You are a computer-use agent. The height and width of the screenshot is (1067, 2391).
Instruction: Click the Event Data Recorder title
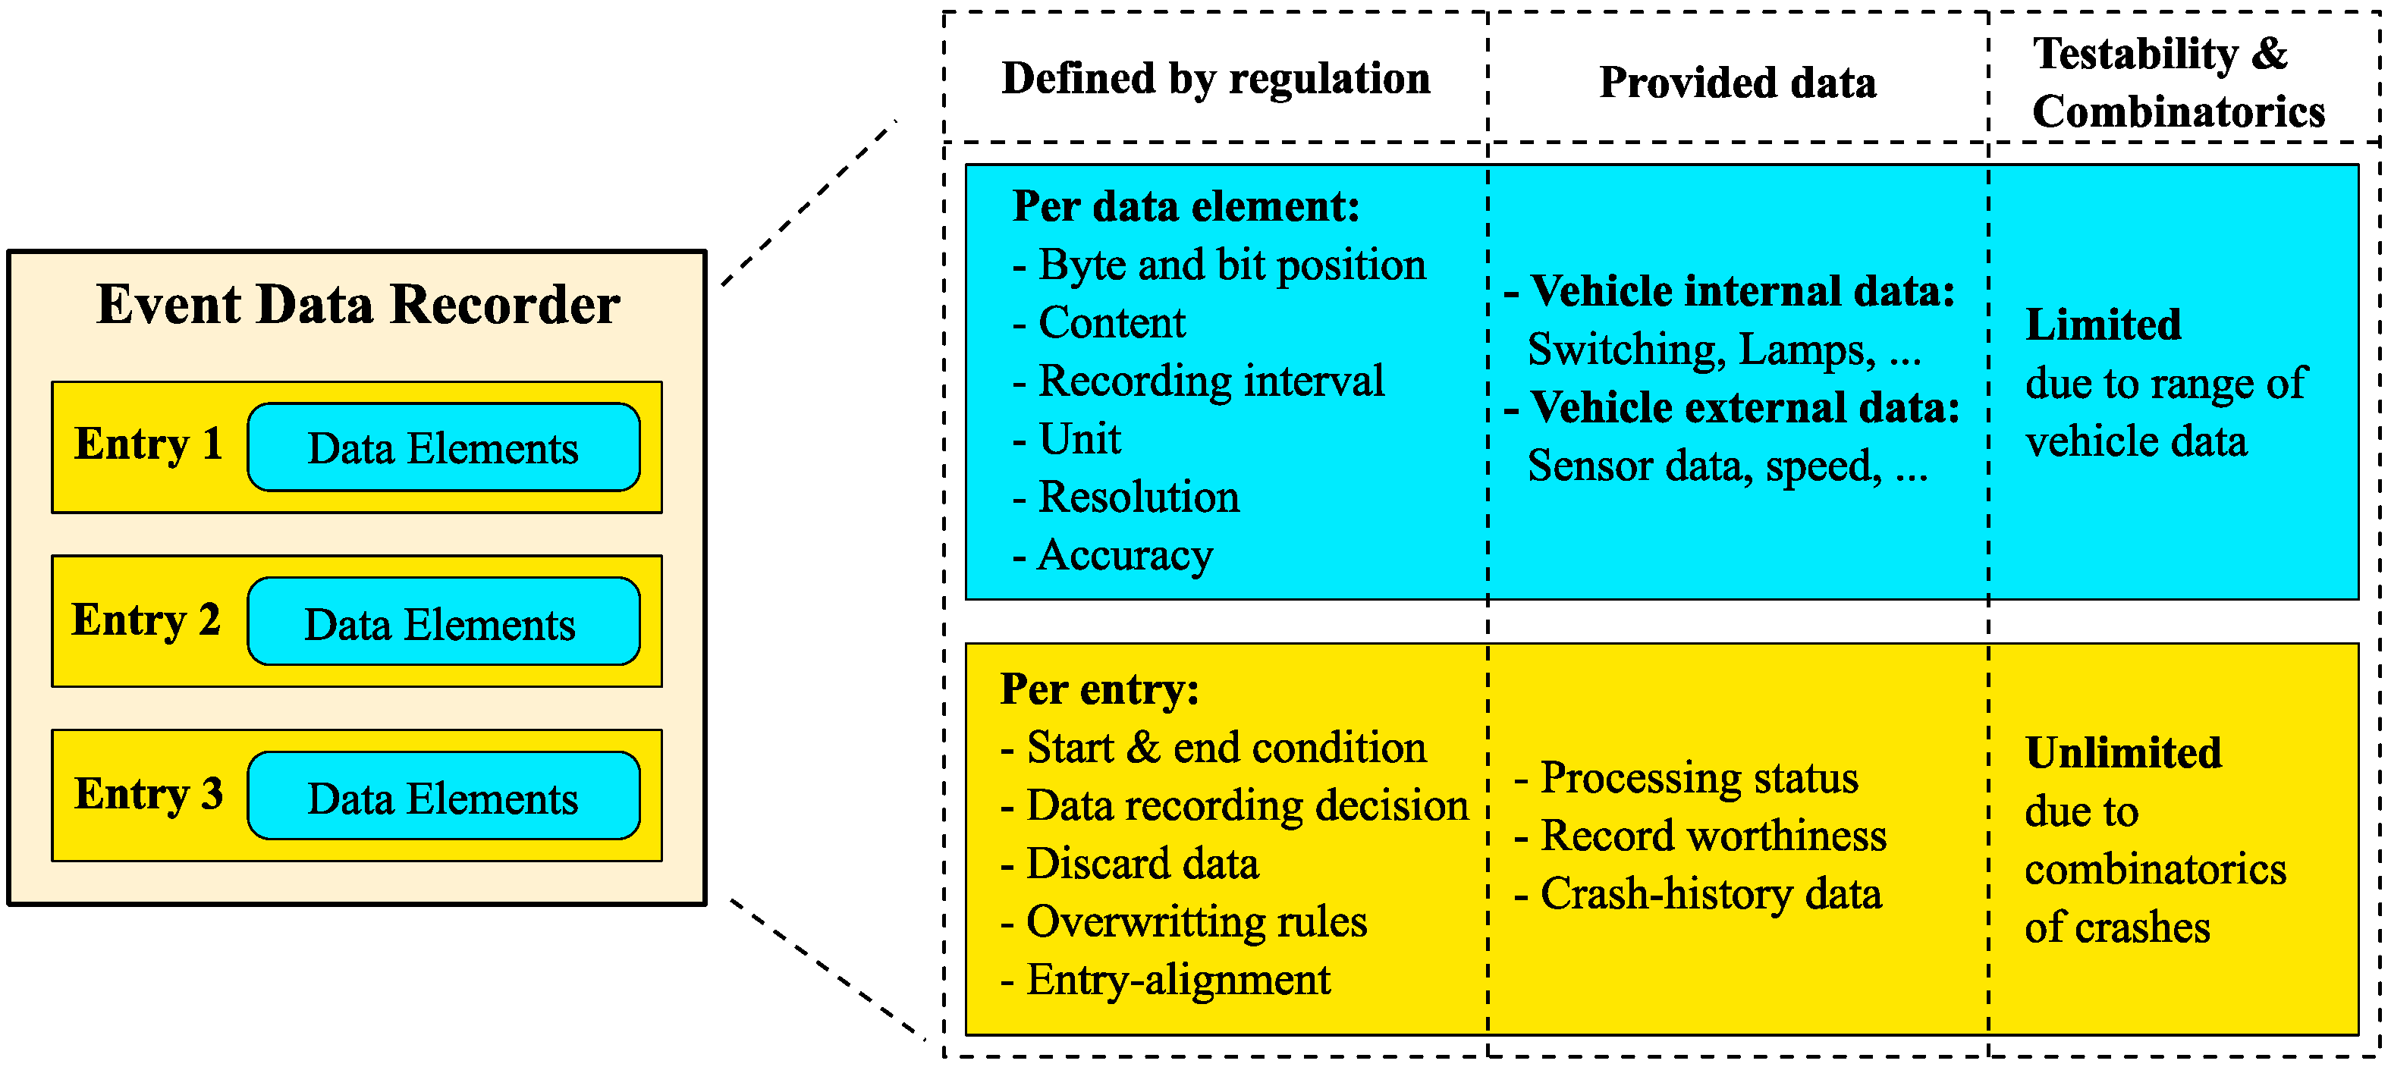click(x=357, y=304)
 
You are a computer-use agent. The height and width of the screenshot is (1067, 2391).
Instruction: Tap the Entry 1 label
click(x=149, y=444)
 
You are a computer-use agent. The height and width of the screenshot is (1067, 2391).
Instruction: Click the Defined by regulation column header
click(x=1215, y=79)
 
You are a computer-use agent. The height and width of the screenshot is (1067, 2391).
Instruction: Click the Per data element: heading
click(x=1186, y=206)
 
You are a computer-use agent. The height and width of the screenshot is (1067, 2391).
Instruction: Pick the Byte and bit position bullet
click(x=1219, y=265)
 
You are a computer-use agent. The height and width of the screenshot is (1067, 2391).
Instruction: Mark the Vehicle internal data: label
click(x=1730, y=291)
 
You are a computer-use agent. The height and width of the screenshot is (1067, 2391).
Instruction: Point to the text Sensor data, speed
click(x=1726, y=466)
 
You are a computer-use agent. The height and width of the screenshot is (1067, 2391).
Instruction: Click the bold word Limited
click(x=2102, y=325)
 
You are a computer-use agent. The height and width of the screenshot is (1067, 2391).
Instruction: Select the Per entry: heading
click(x=1099, y=689)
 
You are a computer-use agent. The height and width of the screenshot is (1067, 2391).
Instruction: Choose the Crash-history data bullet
click(x=1697, y=894)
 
